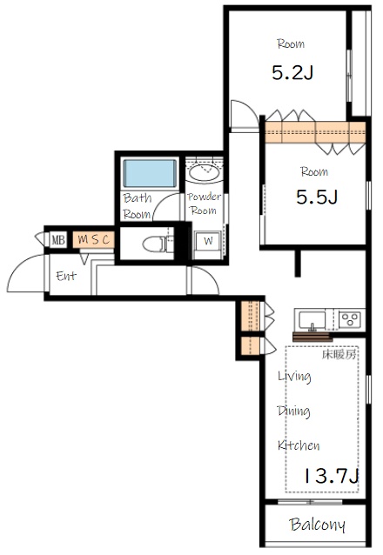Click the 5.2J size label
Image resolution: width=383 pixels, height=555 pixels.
[x=292, y=72]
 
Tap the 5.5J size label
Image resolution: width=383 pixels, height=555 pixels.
[x=317, y=197]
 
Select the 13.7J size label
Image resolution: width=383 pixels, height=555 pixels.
[x=332, y=476]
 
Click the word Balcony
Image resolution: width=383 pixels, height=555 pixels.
[x=317, y=525]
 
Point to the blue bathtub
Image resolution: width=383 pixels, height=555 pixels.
[x=150, y=173]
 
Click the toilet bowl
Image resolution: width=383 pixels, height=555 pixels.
[x=154, y=244]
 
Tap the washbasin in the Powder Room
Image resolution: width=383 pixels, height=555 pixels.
[x=204, y=173]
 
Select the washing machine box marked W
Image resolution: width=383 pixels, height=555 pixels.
[x=208, y=245]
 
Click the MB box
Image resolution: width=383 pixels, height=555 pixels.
[x=57, y=240]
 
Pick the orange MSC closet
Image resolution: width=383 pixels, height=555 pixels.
[x=94, y=239]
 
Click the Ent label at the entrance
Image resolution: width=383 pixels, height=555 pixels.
[x=66, y=276]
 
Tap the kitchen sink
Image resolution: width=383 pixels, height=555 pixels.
[x=312, y=320]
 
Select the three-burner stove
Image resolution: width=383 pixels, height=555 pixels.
[x=350, y=319]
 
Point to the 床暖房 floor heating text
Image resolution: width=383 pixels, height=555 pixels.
[x=339, y=354]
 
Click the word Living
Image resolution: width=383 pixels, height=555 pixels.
[x=294, y=377]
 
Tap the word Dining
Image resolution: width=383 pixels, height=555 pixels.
[x=293, y=411]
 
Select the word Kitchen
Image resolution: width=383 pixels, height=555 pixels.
[x=299, y=445]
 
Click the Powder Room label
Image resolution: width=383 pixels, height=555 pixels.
[x=204, y=204]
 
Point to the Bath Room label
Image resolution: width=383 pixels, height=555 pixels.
[x=138, y=206]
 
